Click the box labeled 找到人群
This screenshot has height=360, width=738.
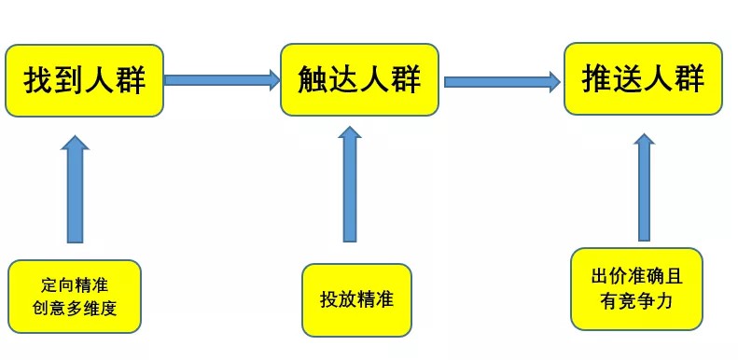(x=85, y=80)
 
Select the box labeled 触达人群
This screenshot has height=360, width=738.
(x=359, y=79)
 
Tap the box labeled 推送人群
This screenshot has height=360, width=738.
(x=643, y=78)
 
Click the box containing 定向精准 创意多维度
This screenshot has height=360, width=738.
(x=74, y=296)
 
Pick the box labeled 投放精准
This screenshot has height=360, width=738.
(x=356, y=299)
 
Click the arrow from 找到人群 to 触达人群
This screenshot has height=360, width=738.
(x=222, y=80)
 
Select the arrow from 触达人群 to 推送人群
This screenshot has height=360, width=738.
(x=502, y=82)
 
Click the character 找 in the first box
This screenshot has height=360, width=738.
(x=39, y=81)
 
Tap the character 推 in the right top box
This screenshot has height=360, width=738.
(x=597, y=78)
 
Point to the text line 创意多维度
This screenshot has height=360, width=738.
(x=74, y=308)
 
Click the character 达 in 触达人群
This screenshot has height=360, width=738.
(x=344, y=80)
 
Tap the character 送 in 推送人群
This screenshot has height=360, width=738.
(x=628, y=78)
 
